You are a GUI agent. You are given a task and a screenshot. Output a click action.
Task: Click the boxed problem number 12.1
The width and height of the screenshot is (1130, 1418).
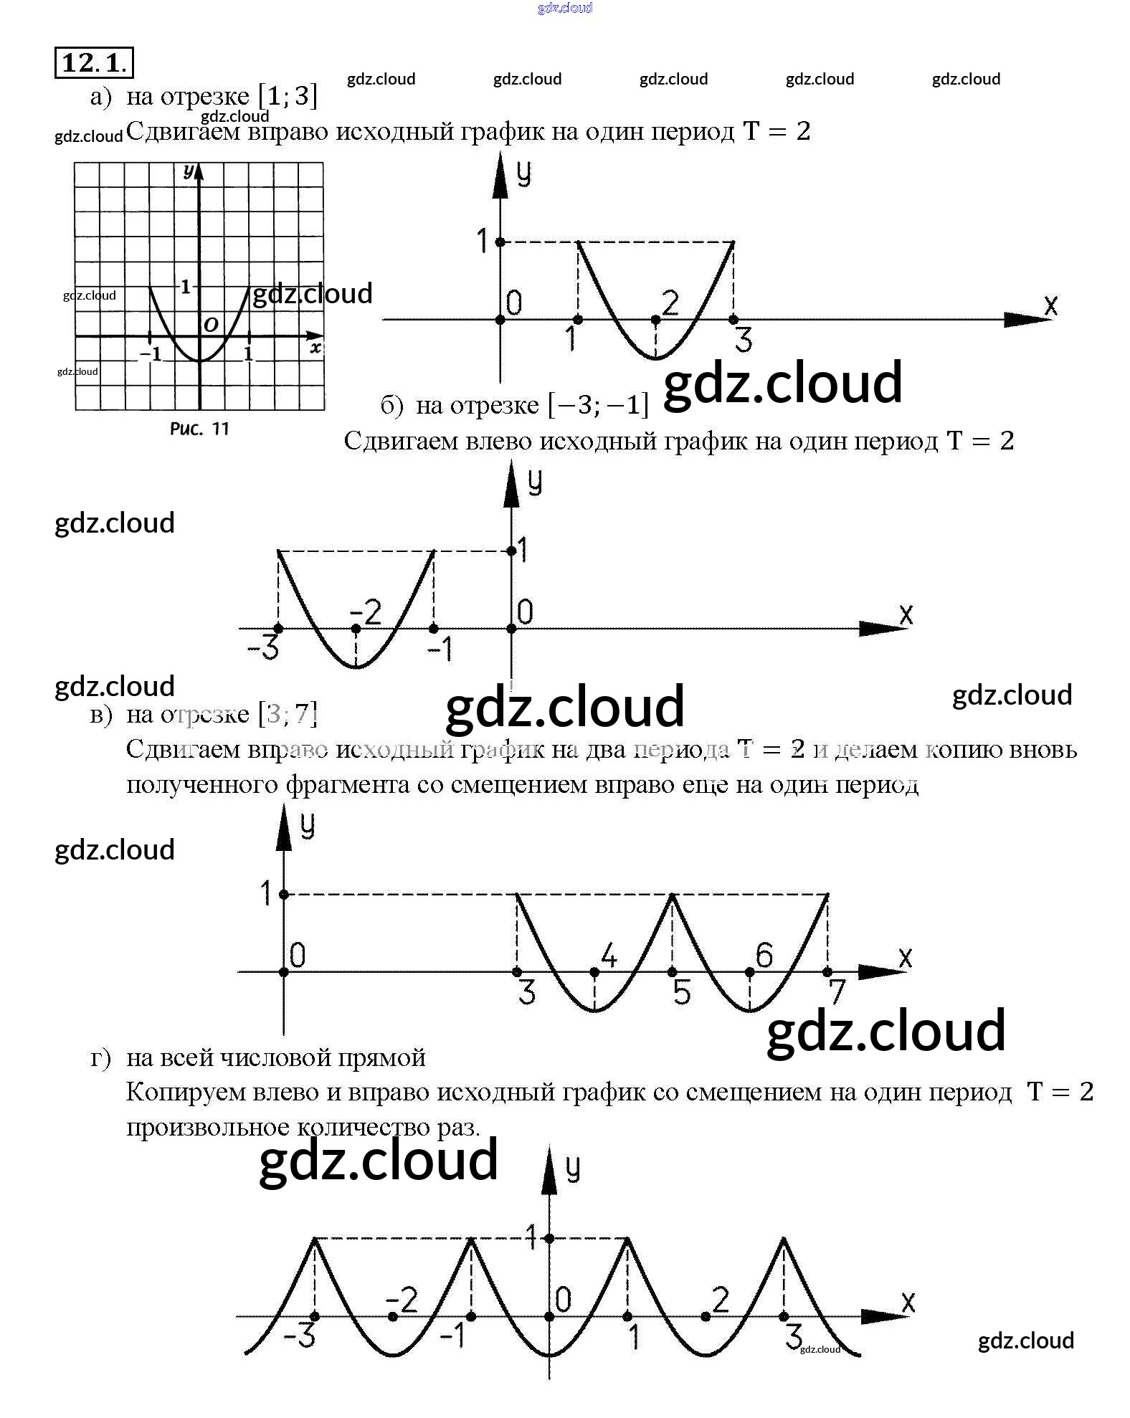click(94, 62)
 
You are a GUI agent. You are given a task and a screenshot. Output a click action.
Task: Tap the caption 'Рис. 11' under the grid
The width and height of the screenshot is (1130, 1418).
click(199, 429)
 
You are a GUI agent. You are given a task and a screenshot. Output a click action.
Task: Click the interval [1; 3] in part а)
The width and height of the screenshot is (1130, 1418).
click(288, 95)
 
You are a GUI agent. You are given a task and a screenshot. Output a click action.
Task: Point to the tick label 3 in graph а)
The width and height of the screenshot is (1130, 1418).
click(744, 339)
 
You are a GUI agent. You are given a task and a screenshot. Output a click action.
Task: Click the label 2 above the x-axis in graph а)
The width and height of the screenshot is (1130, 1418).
click(670, 303)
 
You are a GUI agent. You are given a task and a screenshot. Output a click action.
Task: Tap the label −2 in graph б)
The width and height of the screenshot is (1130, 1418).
click(366, 613)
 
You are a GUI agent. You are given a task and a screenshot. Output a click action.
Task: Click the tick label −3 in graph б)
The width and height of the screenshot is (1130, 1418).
click(263, 649)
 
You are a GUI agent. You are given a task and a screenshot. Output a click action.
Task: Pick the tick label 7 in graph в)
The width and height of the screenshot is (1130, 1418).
click(837, 993)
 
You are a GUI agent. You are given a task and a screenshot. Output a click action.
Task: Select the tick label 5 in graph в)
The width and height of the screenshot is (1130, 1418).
click(682, 993)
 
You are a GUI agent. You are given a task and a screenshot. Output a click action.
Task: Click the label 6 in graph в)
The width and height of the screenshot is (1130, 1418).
click(764, 956)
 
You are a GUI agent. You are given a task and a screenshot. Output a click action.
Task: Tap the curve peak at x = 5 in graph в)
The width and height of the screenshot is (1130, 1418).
click(672, 895)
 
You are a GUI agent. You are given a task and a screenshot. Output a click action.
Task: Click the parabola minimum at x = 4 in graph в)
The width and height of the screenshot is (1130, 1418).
click(594, 1011)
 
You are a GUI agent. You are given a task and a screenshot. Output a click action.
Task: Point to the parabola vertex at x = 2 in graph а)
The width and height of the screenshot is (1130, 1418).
click(655, 358)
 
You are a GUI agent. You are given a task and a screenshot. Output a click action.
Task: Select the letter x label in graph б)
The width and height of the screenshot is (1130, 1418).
click(906, 614)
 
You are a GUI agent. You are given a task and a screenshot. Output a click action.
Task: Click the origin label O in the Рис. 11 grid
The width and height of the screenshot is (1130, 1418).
click(211, 325)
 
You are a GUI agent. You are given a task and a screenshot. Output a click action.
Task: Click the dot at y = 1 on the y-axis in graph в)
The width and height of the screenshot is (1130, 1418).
click(284, 895)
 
